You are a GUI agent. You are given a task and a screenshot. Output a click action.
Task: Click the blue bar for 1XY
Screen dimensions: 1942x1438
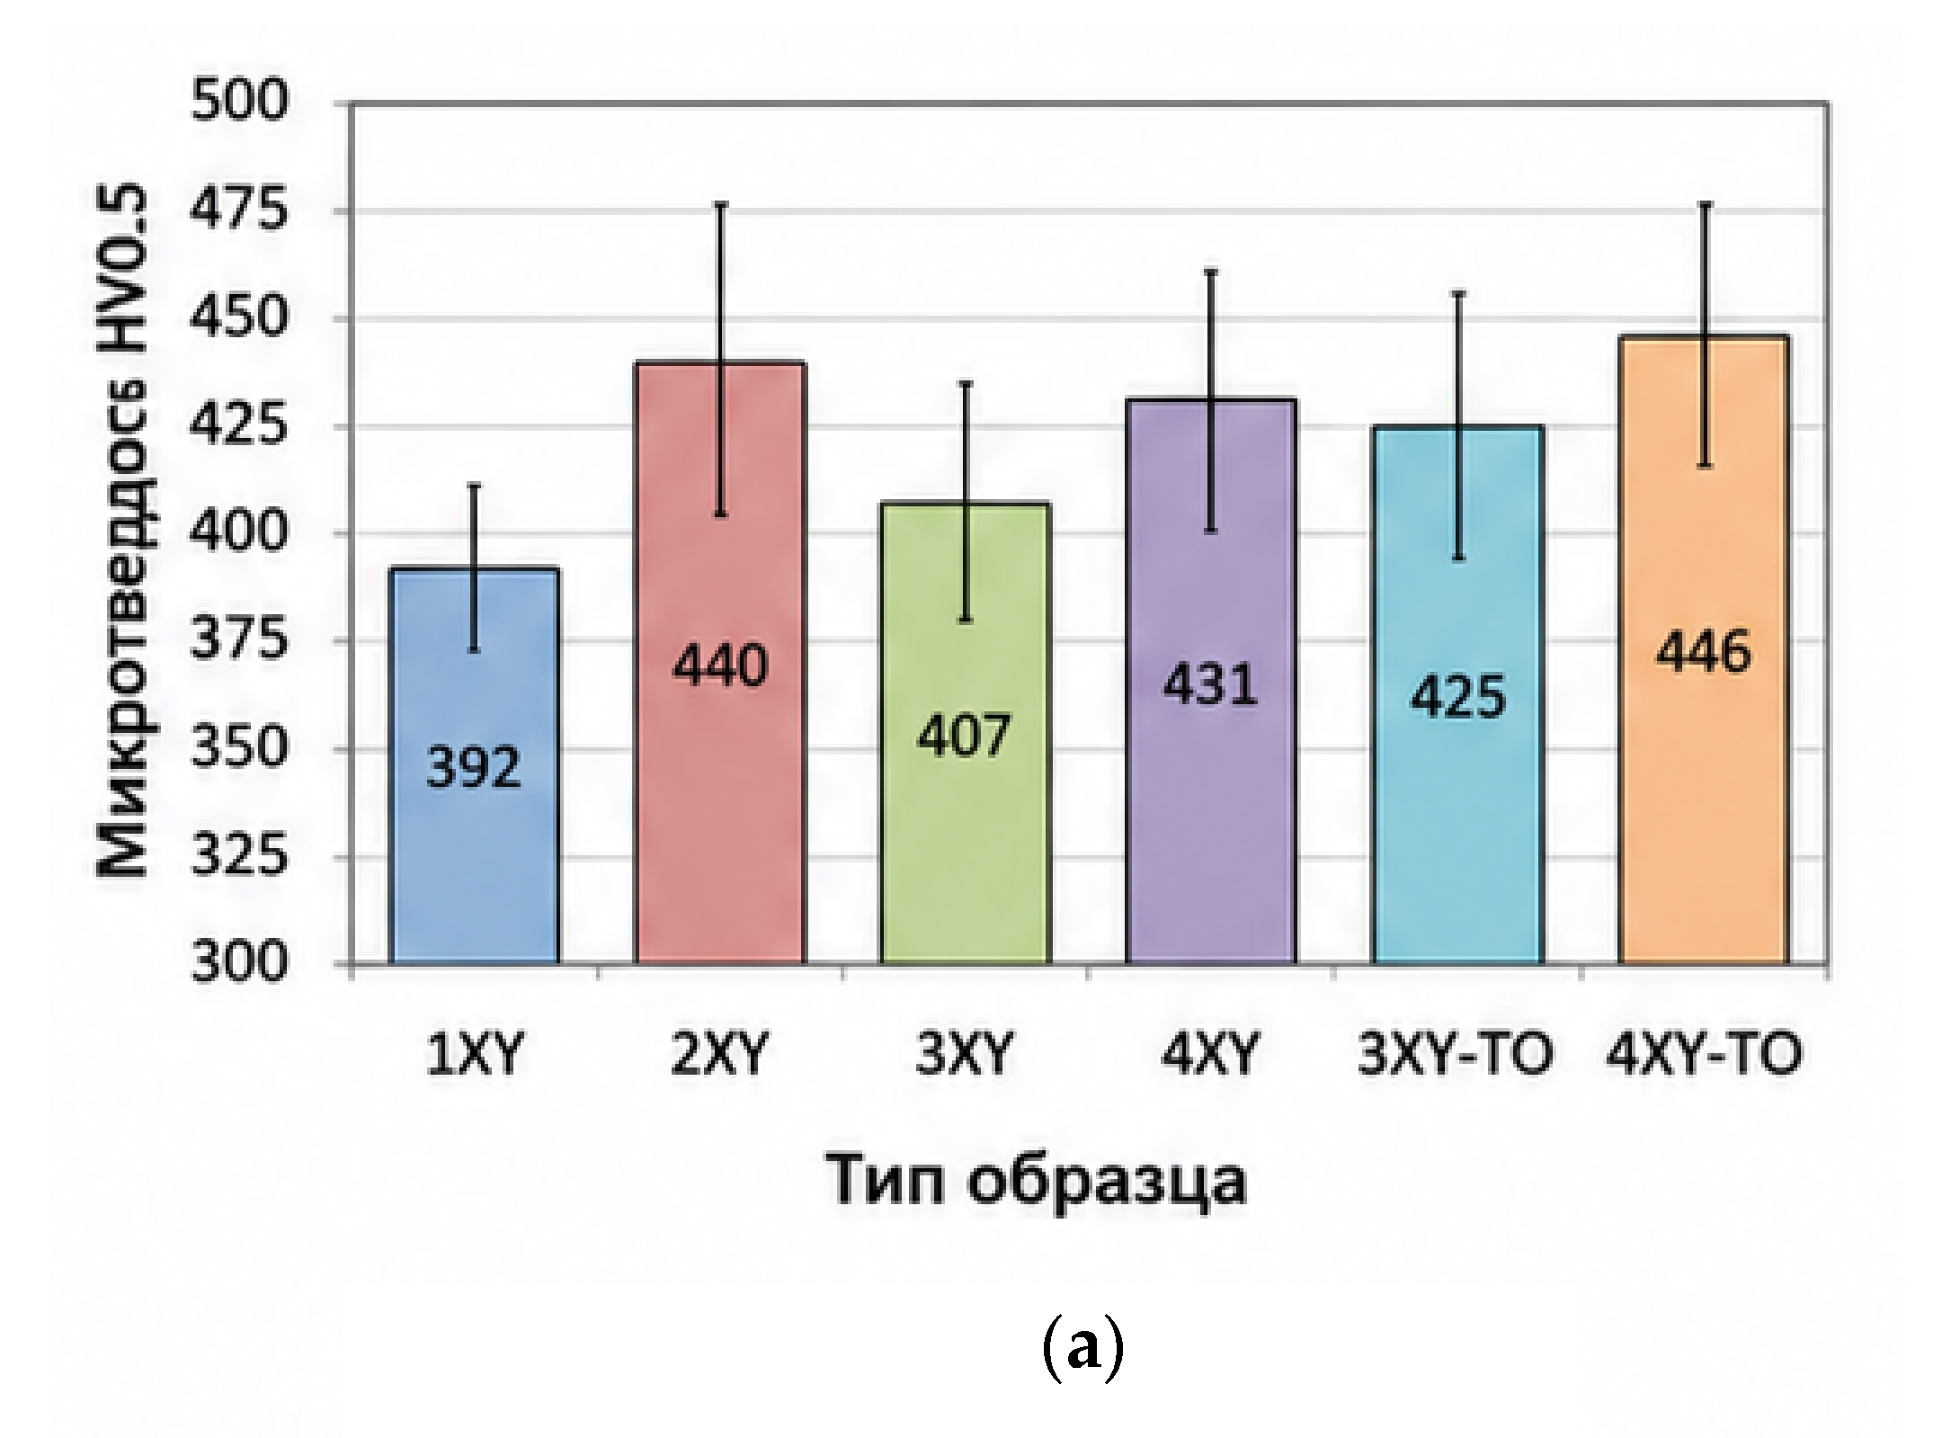pos(475,765)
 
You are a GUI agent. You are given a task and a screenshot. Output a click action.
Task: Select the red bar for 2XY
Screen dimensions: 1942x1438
pos(720,663)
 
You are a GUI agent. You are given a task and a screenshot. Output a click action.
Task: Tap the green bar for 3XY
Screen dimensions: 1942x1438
pos(966,733)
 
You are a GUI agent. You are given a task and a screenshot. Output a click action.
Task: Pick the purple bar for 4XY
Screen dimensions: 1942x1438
pos(1211,682)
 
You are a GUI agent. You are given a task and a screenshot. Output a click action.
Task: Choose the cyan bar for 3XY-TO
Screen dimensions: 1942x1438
pos(1457,694)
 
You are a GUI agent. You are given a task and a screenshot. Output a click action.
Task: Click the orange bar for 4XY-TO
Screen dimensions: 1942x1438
pos(1704,649)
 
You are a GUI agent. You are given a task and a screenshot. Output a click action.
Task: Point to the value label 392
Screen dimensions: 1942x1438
pos(474,767)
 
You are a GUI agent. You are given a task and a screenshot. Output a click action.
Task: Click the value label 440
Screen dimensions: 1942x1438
pos(720,665)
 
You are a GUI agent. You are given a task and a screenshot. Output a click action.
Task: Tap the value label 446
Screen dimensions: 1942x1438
pos(1704,651)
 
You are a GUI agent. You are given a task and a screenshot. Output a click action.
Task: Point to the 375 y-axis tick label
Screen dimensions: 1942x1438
pos(240,640)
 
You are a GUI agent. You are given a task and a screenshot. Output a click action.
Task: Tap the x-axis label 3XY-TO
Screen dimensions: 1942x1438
pos(1456,1054)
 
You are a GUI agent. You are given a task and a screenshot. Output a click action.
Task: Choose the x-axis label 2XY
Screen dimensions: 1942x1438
pos(720,1054)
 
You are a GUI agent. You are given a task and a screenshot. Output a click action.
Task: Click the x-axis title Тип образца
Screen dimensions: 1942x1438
pos(1036,1180)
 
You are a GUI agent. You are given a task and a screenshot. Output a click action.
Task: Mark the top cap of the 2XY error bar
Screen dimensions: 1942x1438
pos(721,204)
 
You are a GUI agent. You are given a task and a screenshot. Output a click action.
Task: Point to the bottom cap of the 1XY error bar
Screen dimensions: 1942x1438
pos(475,649)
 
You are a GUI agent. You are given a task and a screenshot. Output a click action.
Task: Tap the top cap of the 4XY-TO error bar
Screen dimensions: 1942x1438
pos(1705,204)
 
